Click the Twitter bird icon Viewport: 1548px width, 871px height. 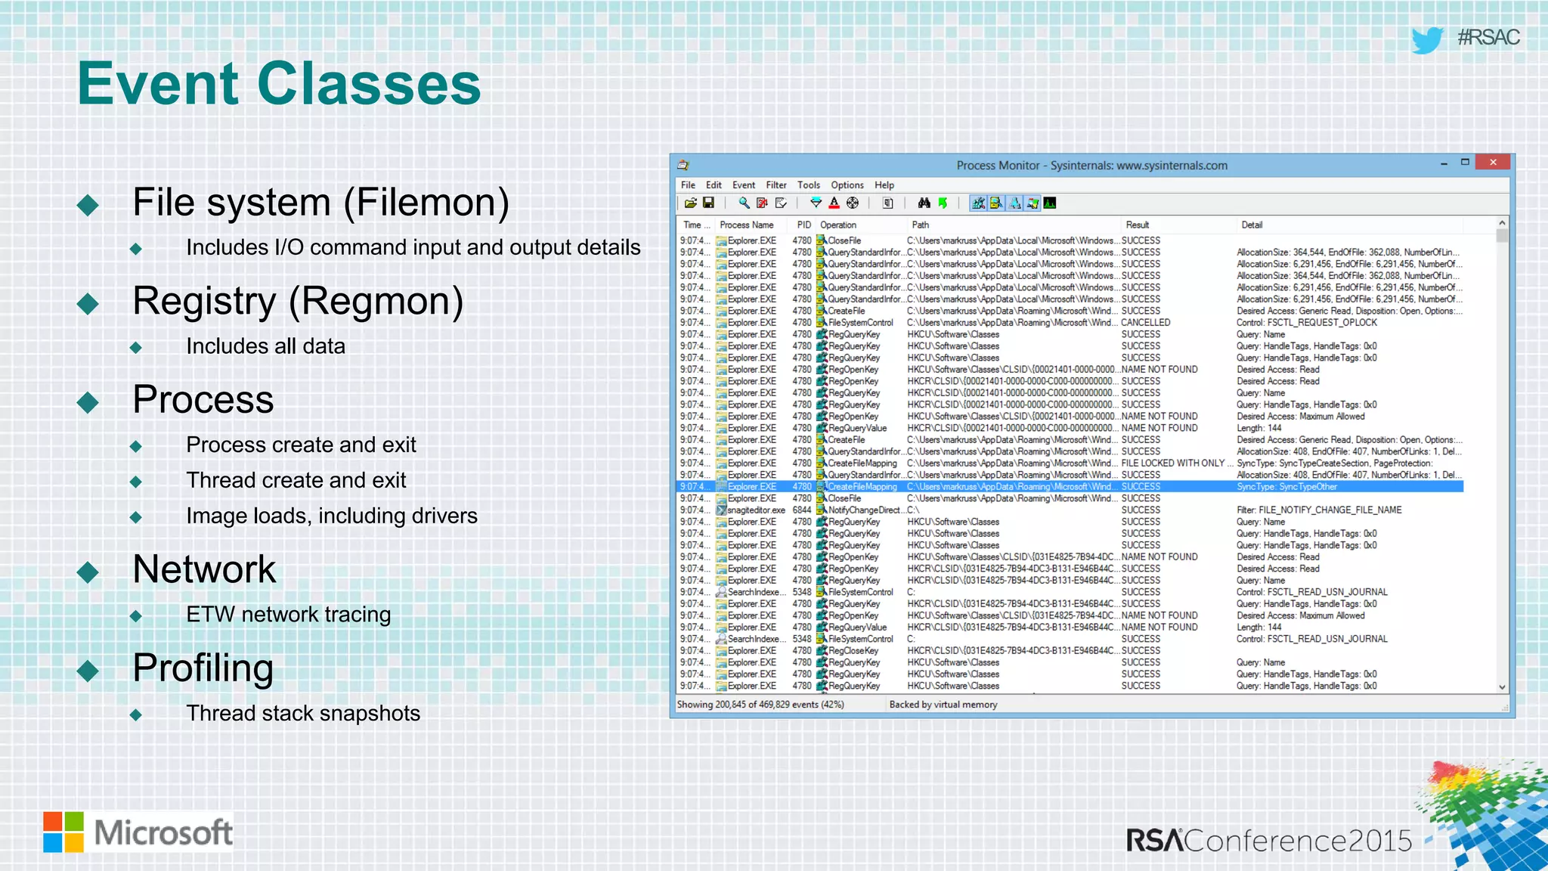tap(1427, 39)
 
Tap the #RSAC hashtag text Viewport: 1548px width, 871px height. tap(1488, 37)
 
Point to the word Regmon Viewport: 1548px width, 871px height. tap(376, 301)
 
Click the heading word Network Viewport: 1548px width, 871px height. tap(204, 569)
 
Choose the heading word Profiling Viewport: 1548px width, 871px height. tap(203, 668)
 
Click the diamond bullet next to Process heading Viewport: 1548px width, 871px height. tap(88, 402)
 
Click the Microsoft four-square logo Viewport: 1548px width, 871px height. tap(63, 832)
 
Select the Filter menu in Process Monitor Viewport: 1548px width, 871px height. tap(776, 185)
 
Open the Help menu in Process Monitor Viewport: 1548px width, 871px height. tap(884, 185)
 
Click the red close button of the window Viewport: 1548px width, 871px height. tap(1492, 162)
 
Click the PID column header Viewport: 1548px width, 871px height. tap(803, 225)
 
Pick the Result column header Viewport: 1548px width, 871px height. tap(1137, 225)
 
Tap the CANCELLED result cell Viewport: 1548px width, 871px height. tap(1145, 323)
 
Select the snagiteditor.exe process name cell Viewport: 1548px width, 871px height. tap(756, 510)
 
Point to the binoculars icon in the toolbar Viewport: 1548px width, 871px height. tap(924, 203)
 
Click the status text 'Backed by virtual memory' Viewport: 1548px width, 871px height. tap(943, 705)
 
